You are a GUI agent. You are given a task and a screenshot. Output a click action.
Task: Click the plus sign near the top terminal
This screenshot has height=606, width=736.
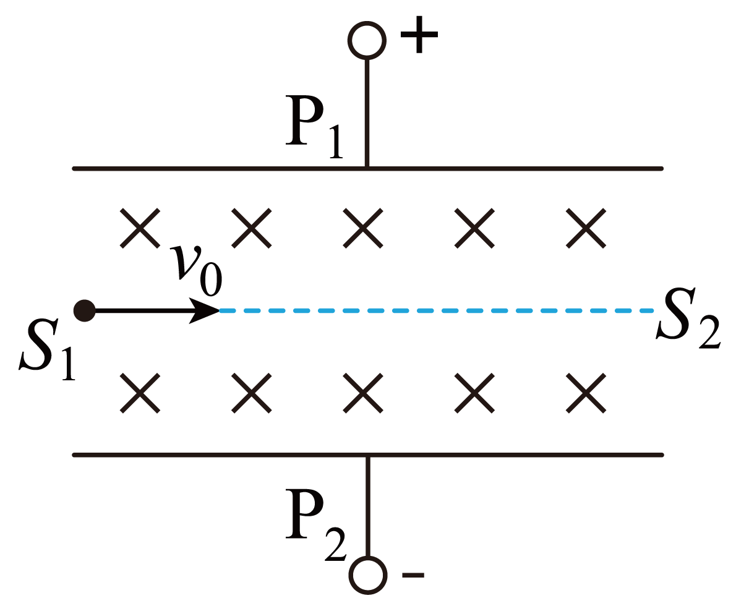pyautogui.click(x=419, y=34)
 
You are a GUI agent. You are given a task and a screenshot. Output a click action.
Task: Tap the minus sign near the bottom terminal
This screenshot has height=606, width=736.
pyautogui.click(x=413, y=574)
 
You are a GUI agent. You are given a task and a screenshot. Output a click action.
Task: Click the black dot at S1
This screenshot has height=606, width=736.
pyautogui.click(x=85, y=311)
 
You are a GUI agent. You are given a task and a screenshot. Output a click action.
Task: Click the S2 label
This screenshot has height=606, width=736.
pyautogui.click(x=688, y=319)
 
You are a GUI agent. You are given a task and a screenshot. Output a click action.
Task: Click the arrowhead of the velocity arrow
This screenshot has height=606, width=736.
pyautogui.click(x=205, y=311)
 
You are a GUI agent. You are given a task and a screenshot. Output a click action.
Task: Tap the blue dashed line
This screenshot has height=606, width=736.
pyautogui.click(x=437, y=311)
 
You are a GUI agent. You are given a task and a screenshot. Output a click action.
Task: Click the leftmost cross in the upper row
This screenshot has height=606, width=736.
pyautogui.click(x=140, y=228)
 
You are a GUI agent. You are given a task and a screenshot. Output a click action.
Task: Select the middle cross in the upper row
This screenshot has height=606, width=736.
pyautogui.click(x=363, y=228)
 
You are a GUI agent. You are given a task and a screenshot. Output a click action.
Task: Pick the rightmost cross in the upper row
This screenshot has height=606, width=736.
pyautogui.click(x=586, y=228)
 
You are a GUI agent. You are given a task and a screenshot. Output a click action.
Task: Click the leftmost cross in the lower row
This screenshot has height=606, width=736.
pyautogui.click(x=140, y=393)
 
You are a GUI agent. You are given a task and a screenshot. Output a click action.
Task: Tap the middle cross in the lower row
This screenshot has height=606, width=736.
pyautogui.click(x=363, y=393)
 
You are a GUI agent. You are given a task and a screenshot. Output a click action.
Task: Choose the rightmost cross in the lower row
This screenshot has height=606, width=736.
pyautogui.click(x=586, y=393)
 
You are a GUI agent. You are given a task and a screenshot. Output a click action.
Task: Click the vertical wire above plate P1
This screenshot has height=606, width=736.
pyautogui.click(x=367, y=113)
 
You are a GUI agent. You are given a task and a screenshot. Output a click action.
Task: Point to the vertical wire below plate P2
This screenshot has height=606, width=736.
pyautogui.click(x=368, y=506)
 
